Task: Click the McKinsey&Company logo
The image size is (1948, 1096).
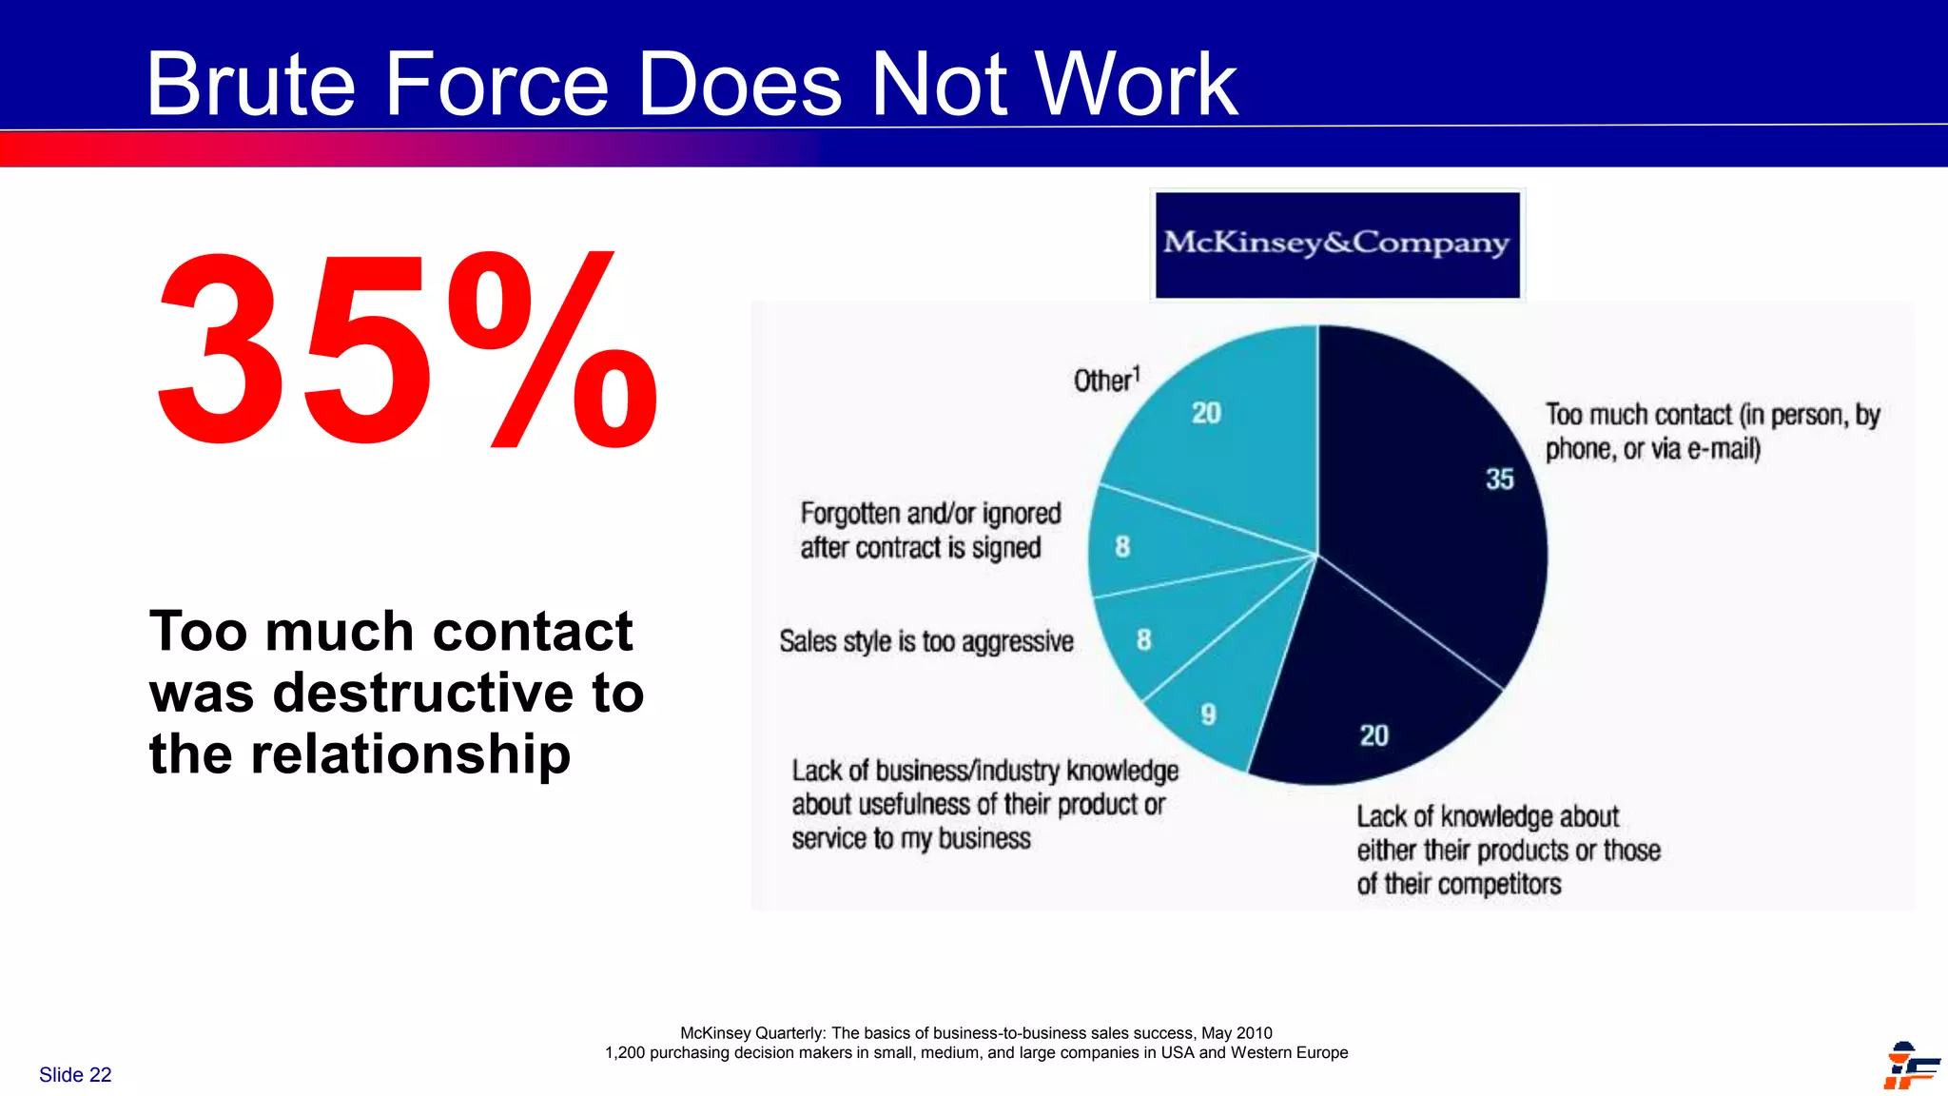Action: pyautogui.click(x=1336, y=245)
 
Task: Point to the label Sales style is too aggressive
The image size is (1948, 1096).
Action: pyautogui.click(x=926, y=641)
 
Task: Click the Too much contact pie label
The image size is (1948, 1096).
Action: pyautogui.click(x=1712, y=431)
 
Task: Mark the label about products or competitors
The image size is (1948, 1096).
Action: pyautogui.click(x=1508, y=850)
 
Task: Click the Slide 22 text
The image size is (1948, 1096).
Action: pyautogui.click(x=75, y=1074)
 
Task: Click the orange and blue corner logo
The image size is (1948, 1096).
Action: pyautogui.click(x=1910, y=1066)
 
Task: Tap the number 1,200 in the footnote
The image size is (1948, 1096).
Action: pyautogui.click(x=625, y=1052)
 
